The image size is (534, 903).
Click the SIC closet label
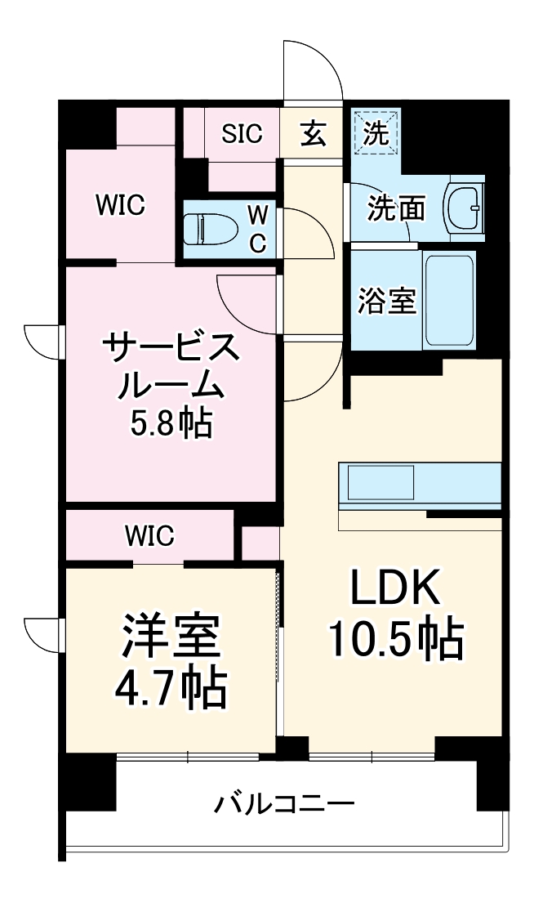tap(243, 134)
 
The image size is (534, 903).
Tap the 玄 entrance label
tap(313, 134)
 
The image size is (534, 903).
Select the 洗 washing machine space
tap(376, 133)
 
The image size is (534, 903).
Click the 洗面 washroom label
tap(395, 208)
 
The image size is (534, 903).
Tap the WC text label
tap(256, 230)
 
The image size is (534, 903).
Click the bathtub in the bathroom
tap(449, 300)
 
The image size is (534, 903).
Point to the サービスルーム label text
tap(171, 366)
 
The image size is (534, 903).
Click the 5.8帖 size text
tap(171, 422)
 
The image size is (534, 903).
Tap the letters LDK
tap(395, 587)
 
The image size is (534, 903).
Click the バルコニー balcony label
tap(284, 803)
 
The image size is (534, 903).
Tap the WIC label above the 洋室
tap(149, 536)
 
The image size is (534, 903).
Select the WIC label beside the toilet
tap(120, 206)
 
